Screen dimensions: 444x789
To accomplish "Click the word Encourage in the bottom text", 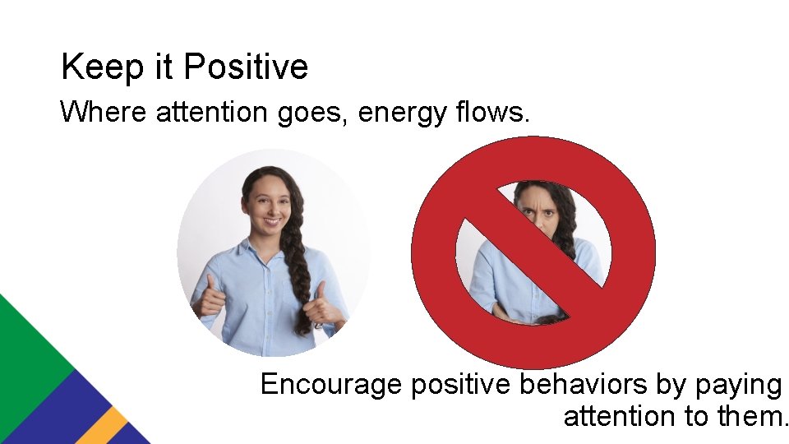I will point(332,385).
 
